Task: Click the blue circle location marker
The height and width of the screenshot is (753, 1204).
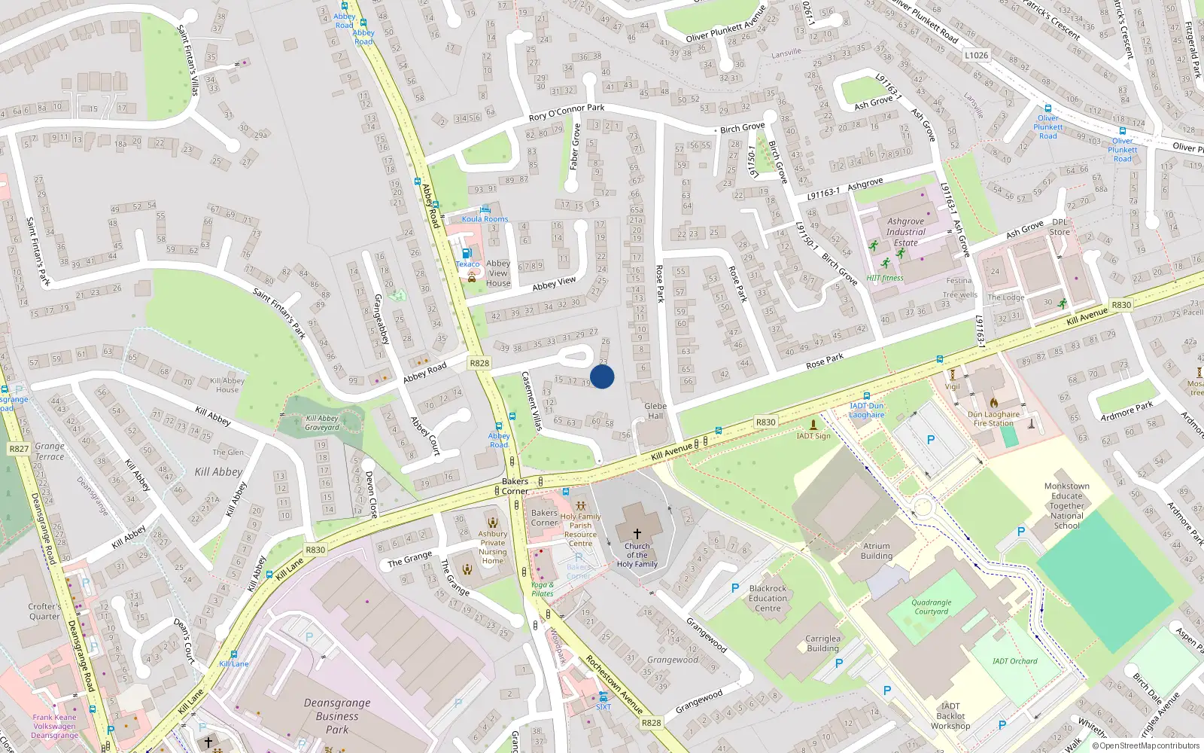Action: [602, 376]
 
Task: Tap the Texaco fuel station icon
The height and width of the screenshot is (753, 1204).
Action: [467, 253]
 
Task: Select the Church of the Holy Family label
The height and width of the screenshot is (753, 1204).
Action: [637, 555]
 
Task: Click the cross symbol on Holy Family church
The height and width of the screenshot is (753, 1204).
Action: [637, 533]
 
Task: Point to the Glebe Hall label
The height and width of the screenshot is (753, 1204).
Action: [655, 410]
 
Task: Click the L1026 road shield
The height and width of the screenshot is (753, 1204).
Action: [976, 55]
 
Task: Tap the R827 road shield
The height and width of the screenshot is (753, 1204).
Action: [19, 449]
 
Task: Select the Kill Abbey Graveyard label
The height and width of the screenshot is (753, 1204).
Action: [322, 422]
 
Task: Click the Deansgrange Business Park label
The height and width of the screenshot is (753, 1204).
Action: [337, 716]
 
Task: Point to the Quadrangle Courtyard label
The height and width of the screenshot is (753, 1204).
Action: [932, 607]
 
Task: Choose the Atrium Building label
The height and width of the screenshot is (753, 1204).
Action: [877, 551]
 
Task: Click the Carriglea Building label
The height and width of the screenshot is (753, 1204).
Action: [822, 643]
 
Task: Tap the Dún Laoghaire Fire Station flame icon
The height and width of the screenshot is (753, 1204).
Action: [994, 403]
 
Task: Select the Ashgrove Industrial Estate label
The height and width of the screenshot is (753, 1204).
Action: [906, 232]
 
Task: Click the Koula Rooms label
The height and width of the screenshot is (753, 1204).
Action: [485, 219]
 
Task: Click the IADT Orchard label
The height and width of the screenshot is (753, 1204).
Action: [1014, 661]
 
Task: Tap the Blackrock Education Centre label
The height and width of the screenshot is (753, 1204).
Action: [768, 599]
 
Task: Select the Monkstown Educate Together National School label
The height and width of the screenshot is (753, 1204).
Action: [1067, 506]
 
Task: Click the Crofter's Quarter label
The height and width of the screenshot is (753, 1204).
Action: [44, 611]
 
